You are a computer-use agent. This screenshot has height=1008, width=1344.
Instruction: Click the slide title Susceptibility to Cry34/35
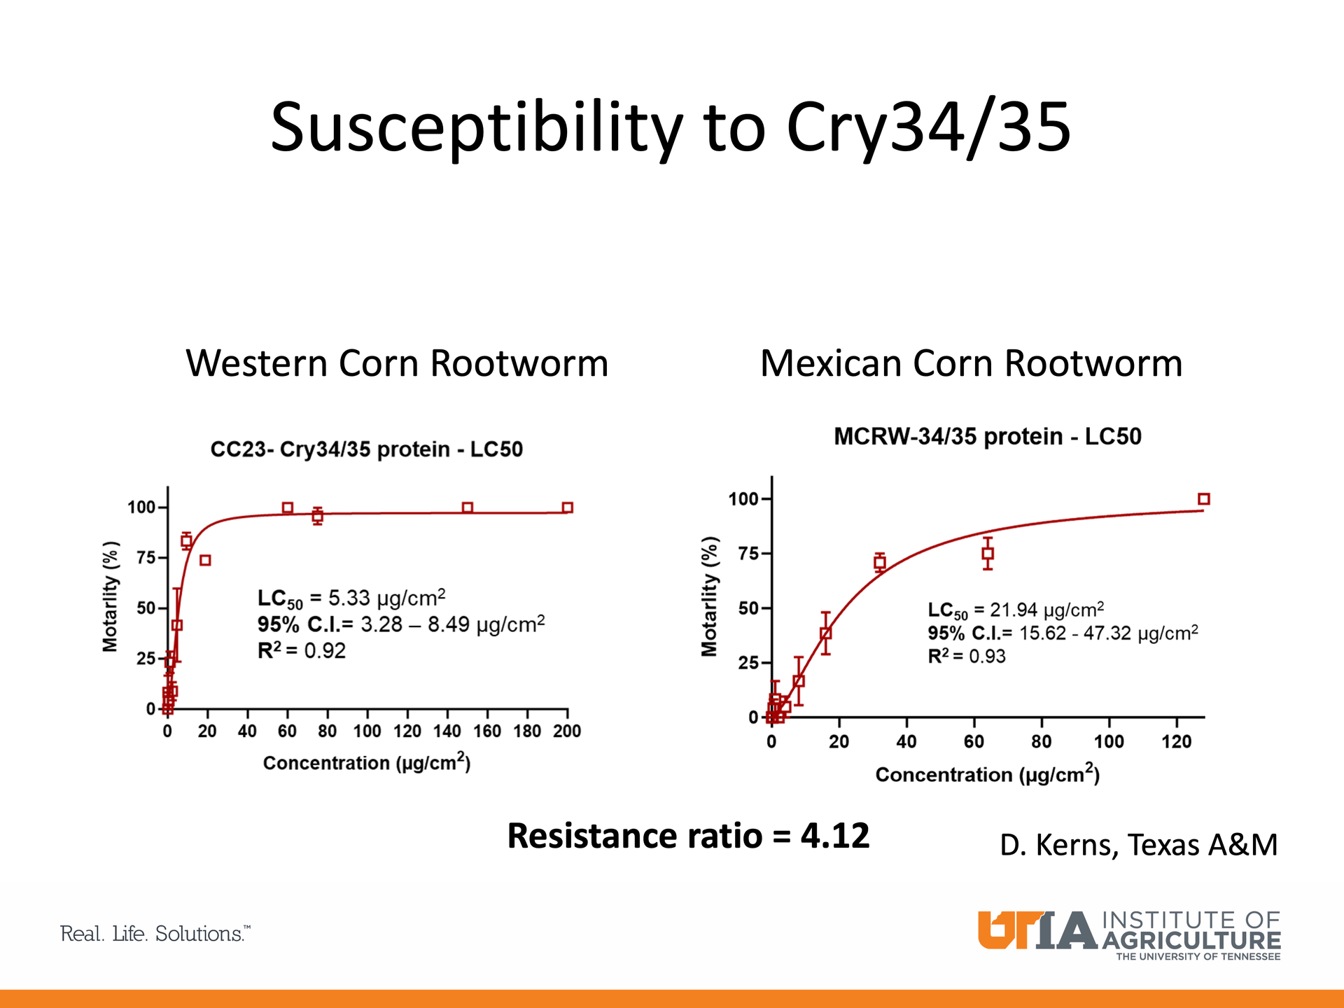pyautogui.click(x=671, y=127)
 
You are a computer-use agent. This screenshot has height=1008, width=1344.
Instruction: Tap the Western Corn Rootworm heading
pyautogui.click(x=397, y=363)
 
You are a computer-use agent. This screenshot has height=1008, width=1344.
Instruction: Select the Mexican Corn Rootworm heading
pyautogui.click(x=971, y=363)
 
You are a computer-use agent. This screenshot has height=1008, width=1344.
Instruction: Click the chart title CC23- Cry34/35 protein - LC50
pyautogui.click(x=367, y=449)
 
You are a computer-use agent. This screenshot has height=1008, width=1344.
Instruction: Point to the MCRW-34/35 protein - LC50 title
pyautogui.click(x=987, y=437)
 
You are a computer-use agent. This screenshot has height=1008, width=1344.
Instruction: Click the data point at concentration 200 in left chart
pyautogui.click(x=568, y=507)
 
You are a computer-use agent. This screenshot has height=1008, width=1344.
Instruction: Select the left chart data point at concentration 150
pyautogui.click(x=468, y=507)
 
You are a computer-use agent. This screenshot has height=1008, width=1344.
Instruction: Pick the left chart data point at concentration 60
pyautogui.click(x=288, y=507)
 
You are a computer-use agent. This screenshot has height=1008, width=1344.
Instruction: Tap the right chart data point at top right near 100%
pyautogui.click(x=1204, y=499)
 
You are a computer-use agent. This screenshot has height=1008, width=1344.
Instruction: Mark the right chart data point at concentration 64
pyautogui.click(x=988, y=553)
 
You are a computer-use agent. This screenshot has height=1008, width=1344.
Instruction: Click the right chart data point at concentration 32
pyautogui.click(x=880, y=562)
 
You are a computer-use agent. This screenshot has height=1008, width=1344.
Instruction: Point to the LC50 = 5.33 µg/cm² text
pyautogui.click(x=351, y=598)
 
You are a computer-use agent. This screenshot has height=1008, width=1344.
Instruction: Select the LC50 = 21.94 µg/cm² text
pyautogui.click(x=1016, y=610)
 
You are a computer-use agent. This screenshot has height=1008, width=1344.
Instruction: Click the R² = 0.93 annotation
pyautogui.click(x=967, y=657)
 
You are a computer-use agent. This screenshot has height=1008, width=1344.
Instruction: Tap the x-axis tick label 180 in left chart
pyautogui.click(x=527, y=731)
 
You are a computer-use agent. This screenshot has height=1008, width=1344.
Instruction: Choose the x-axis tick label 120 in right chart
pyautogui.click(x=1177, y=742)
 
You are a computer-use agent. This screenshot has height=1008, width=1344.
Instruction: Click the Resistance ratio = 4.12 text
pyautogui.click(x=688, y=836)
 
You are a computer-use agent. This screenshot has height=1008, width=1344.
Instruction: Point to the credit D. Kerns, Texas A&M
pyautogui.click(x=1138, y=845)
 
